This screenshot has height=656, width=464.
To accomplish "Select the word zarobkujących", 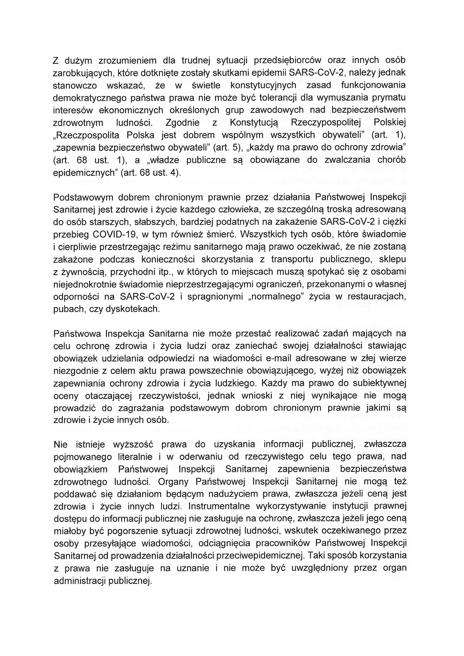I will [x=81, y=73].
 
